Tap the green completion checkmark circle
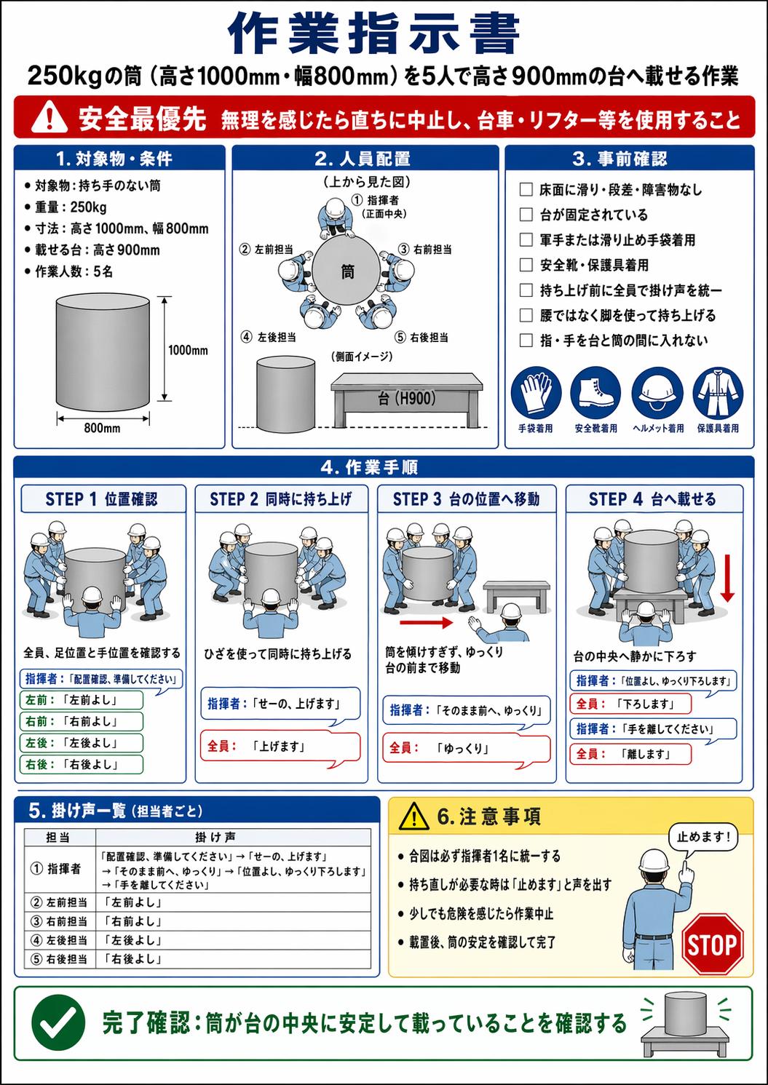[59, 1022]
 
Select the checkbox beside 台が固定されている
[526, 215]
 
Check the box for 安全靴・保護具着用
[526, 265]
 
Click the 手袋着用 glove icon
[536, 392]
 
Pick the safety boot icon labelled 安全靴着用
[595, 392]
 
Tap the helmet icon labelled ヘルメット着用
[657, 392]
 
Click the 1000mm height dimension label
[188, 350]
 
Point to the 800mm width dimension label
[102, 428]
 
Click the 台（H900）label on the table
[407, 398]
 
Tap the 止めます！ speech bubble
[703, 837]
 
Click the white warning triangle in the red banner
[49, 117]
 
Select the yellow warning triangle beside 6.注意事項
[413, 816]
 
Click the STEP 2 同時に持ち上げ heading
[280, 499]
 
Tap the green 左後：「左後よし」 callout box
[82, 743]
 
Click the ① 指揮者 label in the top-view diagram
[379, 205]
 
